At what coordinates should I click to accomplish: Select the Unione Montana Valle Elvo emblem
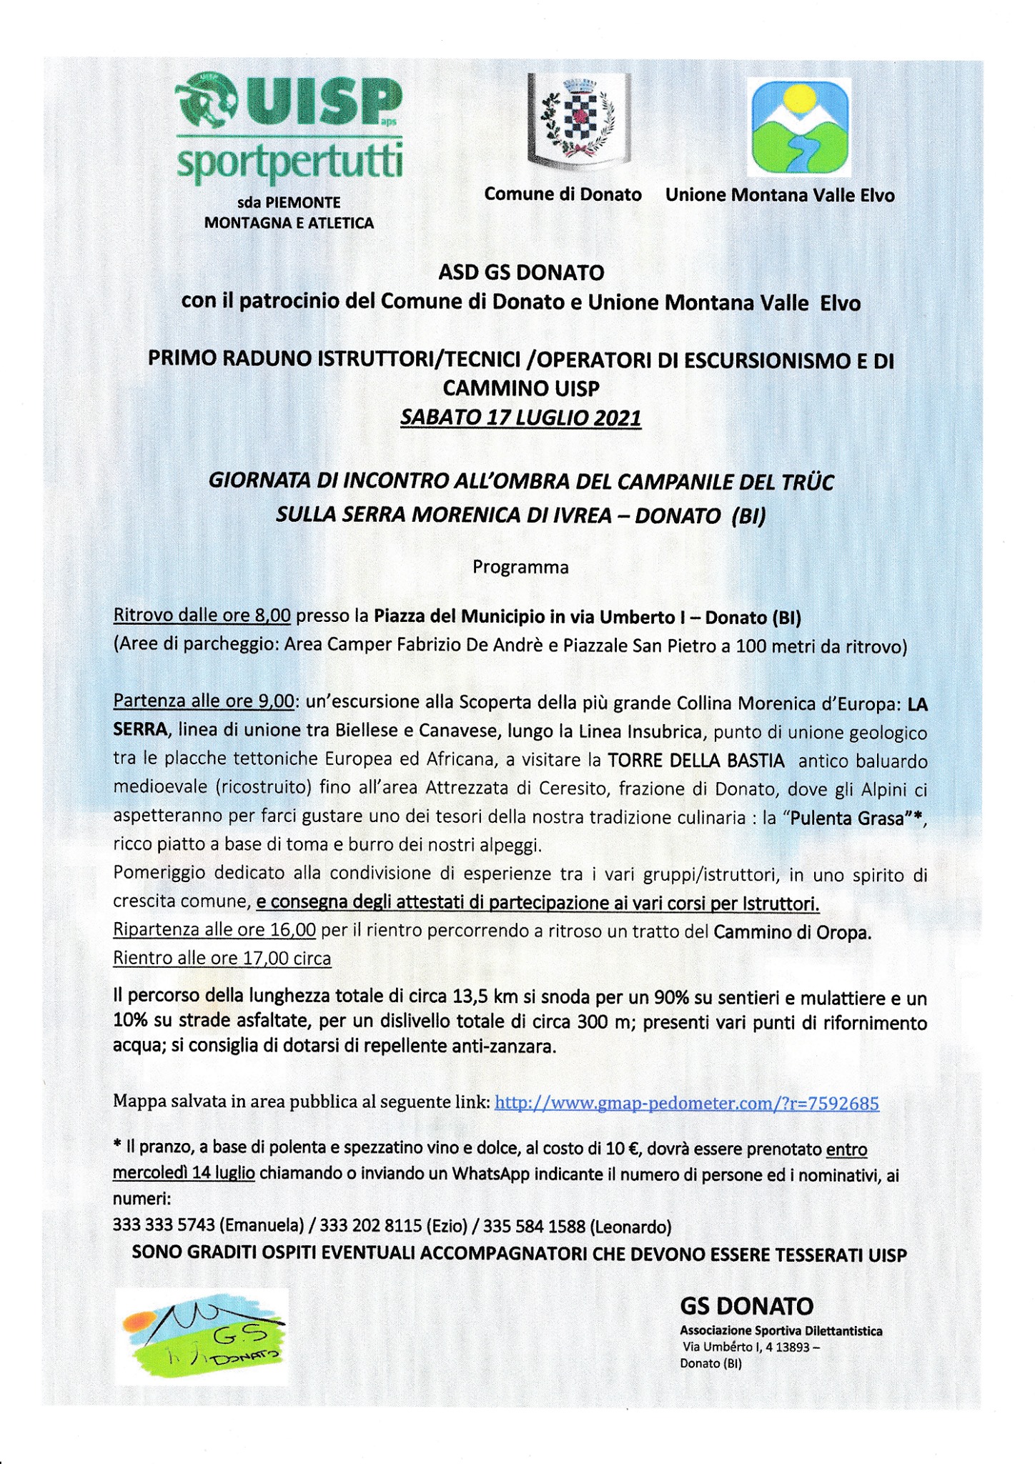[x=798, y=128]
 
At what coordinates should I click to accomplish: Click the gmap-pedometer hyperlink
[x=686, y=1103]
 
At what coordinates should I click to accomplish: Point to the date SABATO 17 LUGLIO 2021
[x=520, y=417]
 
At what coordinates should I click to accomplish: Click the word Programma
[x=520, y=568]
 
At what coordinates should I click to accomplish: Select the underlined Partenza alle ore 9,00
[x=204, y=702]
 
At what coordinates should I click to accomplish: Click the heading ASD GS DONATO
[x=520, y=272]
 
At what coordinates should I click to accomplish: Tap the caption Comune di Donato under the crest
[x=563, y=194]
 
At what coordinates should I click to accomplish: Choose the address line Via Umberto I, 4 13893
[x=751, y=1347]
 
